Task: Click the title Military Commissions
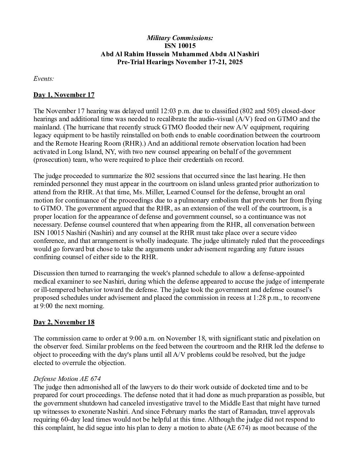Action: point(180,38)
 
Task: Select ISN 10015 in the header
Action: point(180,46)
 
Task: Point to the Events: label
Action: point(44,78)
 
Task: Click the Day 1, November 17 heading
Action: point(64,95)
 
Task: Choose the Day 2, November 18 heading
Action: point(64,322)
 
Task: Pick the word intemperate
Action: point(308,282)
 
